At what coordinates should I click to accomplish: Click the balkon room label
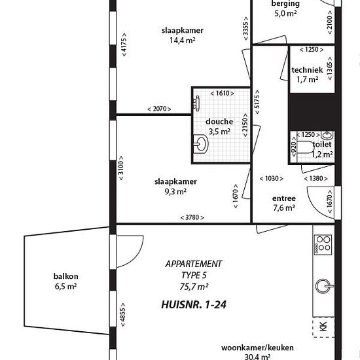point(66,276)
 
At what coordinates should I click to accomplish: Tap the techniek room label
point(307,70)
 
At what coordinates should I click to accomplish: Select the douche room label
point(219,122)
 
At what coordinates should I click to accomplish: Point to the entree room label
point(284,198)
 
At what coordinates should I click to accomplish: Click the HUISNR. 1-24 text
point(194,304)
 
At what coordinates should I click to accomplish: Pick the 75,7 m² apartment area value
point(194,287)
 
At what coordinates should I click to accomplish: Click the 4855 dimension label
point(123,315)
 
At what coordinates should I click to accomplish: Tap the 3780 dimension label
point(192,217)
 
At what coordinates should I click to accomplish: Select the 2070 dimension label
point(159,109)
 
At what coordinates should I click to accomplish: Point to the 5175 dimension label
point(257,101)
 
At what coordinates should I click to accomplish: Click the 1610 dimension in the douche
point(223,93)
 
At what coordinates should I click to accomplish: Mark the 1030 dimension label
point(272,179)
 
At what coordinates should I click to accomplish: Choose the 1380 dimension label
point(316,179)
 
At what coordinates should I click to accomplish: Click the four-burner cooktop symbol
point(323,245)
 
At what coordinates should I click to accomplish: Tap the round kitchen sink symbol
point(324,286)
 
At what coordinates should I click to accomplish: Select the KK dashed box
point(323,327)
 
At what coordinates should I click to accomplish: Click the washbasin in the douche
point(201,144)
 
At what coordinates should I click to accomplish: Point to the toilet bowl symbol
point(304,147)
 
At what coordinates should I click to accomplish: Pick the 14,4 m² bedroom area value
point(183,41)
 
